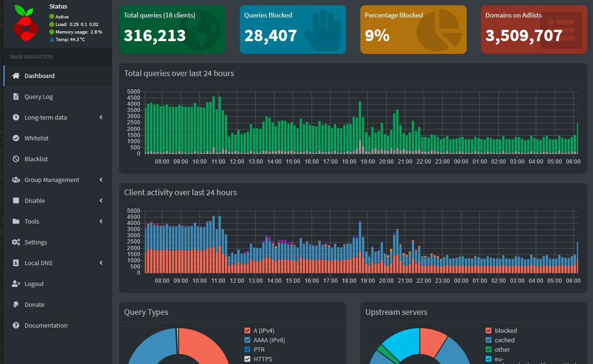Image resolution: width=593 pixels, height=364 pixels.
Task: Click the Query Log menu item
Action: [38, 96]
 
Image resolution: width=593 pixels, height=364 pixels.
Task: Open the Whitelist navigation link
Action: [36, 138]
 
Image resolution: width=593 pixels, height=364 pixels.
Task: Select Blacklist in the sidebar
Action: [36, 159]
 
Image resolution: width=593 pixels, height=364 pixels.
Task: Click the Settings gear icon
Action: [16, 242]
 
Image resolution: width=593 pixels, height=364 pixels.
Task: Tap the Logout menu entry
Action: [34, 284]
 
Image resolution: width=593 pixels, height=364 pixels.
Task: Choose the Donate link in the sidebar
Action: [34, 304]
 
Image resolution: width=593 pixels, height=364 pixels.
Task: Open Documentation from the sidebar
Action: [46, 325]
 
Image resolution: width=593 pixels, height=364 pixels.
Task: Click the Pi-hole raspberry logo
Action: [26, 24]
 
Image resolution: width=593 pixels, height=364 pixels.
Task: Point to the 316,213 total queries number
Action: [155, 35]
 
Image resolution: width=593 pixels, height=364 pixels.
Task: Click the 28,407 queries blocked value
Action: [270, 35]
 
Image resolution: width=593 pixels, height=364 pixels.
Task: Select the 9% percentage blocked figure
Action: [377, 35]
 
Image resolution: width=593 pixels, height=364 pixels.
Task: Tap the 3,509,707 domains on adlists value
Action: [523, 35]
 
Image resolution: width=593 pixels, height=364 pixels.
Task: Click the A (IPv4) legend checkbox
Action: [247, 331]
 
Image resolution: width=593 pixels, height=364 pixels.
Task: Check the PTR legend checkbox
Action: [247, 350]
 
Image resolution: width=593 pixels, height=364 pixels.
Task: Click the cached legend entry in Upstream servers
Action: [505, 340]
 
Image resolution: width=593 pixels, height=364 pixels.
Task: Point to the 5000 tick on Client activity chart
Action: [134, 211]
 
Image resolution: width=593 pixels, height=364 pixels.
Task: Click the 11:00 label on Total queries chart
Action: [218, 162]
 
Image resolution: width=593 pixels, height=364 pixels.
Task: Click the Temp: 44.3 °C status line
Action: [70, 39]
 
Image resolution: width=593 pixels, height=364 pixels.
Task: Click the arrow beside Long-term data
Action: [101, 117]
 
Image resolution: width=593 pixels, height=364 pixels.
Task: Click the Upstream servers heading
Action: [396, 312]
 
